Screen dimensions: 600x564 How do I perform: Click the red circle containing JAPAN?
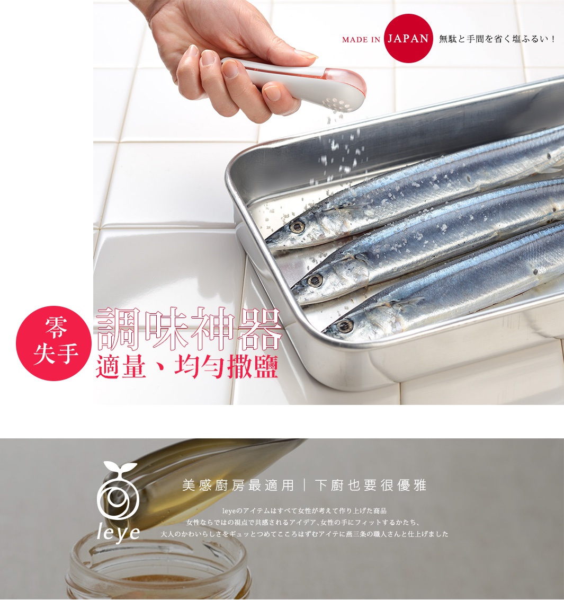tap(408, 38)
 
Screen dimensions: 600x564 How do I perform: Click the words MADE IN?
tap(361, 39)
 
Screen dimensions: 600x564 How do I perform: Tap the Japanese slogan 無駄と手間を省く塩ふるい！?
tap(497, 39)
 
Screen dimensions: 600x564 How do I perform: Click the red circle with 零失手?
tap(54, 343)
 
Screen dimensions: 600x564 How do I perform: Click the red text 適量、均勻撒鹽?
tap(187, 367)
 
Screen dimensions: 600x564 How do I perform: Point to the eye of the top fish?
tap(297, 227)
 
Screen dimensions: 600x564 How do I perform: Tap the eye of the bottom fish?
tap(345, 325)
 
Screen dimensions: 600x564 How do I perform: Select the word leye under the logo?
tap(118, 533)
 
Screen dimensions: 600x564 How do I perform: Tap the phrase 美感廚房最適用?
tap(238, 485)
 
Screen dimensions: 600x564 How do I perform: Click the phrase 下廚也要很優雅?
tap(370, 485)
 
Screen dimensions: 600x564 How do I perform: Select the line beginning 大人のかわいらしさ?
tap(305, 534)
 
